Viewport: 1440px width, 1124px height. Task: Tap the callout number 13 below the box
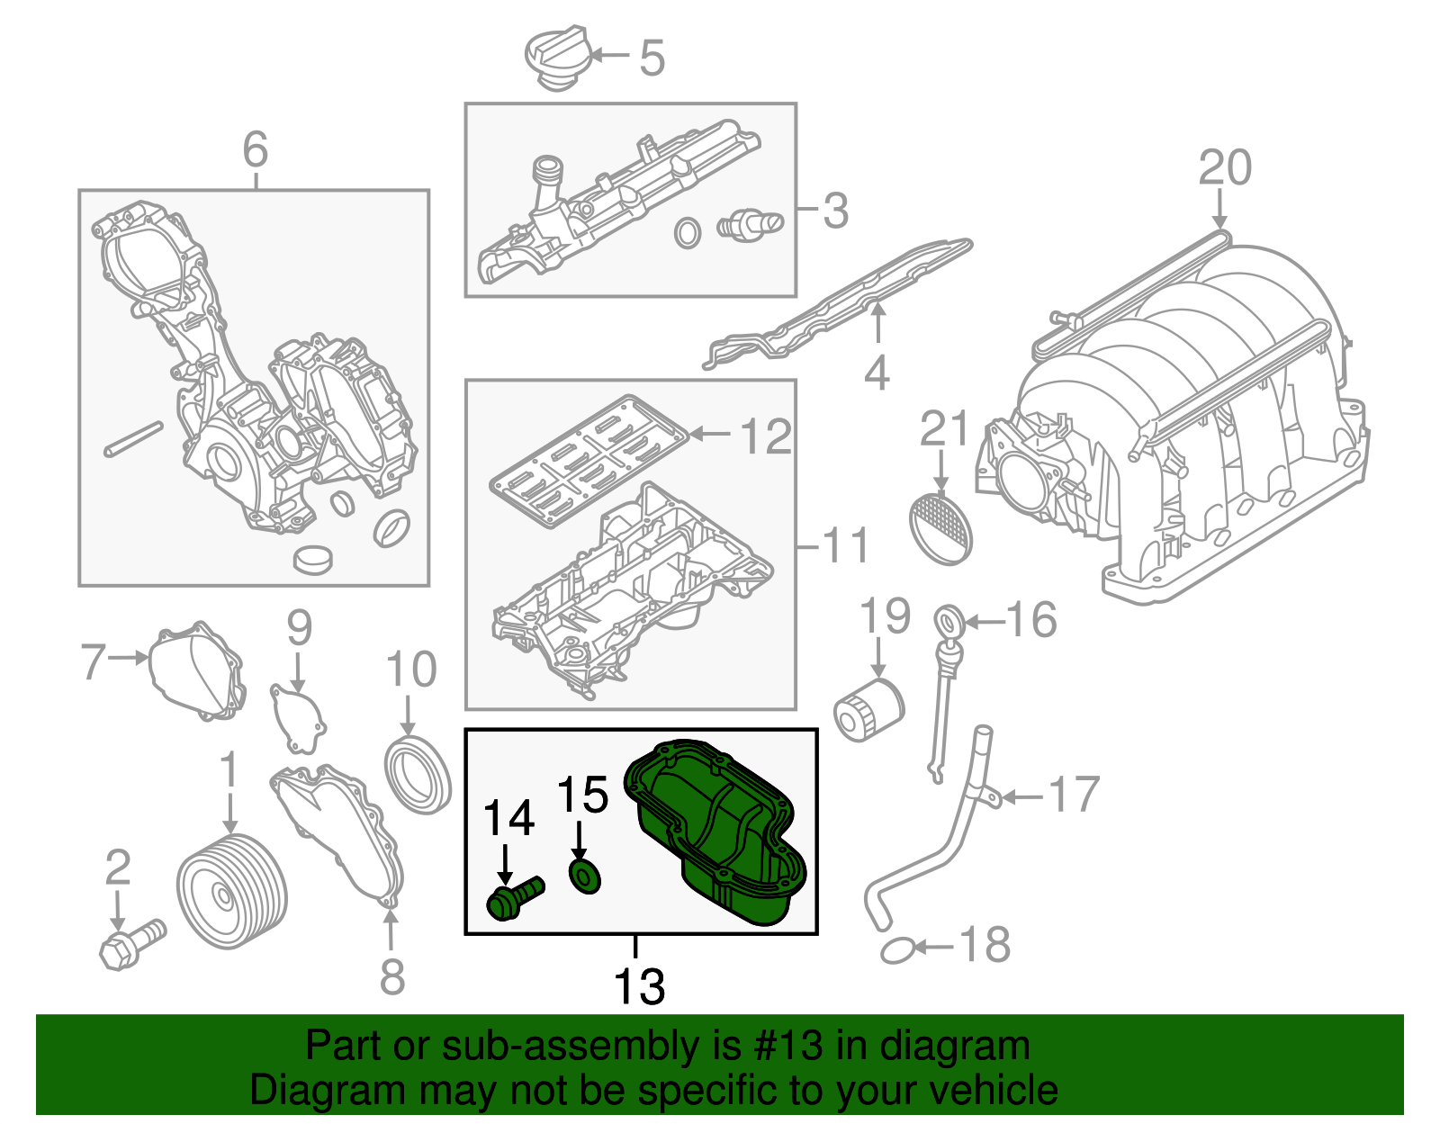pyautogui.click(x=639, y=986)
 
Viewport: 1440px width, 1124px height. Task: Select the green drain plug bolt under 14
pyautogui.click(x=513, y=898)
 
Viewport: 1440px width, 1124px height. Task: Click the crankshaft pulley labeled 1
pyautogui.click(x=232, y=891)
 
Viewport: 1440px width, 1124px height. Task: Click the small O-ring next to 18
pyautogui.click(x=897, y=949)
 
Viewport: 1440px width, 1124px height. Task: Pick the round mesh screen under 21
pyautogui.click(x=941, y=528)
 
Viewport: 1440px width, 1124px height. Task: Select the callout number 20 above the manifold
pyautogui.click(x=1224, y=168)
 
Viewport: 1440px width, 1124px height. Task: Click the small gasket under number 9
pyautogui.click(x=298, y=717)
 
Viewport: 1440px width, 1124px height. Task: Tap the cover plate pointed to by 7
pyautogui.click(x=197, y=670)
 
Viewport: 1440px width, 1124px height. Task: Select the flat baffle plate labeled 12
pyautogui.click(x=589, y=458)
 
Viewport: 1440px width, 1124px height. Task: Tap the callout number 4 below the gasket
pyautogui.click(x=877, y=373)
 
